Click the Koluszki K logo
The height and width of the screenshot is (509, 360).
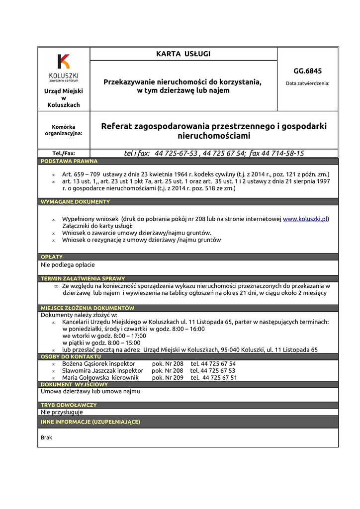click(64, 61)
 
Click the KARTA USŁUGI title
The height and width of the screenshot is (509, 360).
click(183, 54)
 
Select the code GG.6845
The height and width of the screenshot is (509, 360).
click(307, 71)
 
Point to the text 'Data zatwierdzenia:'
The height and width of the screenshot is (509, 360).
click(307, 84)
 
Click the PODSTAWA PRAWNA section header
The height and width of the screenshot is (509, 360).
click(69, 161)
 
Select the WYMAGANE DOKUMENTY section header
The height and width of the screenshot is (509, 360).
click(75, 202)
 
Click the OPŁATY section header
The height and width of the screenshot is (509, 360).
click(52, 257)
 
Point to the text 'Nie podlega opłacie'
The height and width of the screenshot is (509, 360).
click(68, 265)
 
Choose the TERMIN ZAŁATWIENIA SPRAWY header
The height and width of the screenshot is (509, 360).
click(83, 279)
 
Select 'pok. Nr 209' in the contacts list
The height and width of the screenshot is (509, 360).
click(168, 378)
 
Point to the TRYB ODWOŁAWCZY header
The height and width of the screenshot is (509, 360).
click(69, 405)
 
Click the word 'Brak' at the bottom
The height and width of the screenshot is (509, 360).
click(46, 438)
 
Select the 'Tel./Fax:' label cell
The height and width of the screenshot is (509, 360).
click(64, 154)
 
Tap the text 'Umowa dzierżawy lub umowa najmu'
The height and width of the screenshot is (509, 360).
click(90, 391)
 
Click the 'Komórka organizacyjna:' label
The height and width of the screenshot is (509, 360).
click(64, 130)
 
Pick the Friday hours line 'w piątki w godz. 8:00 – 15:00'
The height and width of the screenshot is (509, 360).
click(101, 343)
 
